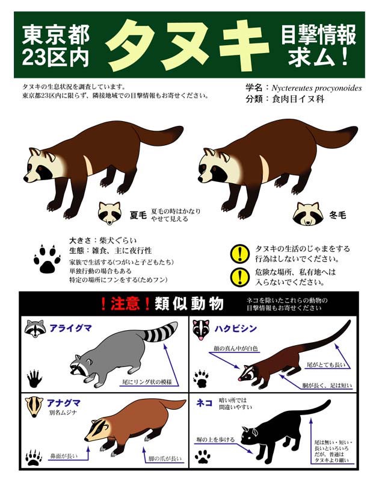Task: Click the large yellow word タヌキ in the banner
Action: [187, 45]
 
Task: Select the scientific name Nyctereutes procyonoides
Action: [316, 88]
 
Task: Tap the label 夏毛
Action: [138, 215]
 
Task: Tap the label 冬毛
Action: [337, 215]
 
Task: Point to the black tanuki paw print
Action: [47, 259]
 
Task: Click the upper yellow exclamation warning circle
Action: [239, 254]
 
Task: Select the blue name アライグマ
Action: [70, 328]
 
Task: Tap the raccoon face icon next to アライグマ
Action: [35, 328]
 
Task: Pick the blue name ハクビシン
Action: [235, 328]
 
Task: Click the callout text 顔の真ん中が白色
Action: [235, 348]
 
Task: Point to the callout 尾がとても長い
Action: [326, 365]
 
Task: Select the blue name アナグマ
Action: [64, 402]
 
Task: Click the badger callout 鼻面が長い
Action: [64, 456]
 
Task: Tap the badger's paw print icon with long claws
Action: [34, 458]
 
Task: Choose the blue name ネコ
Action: [204, 402]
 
